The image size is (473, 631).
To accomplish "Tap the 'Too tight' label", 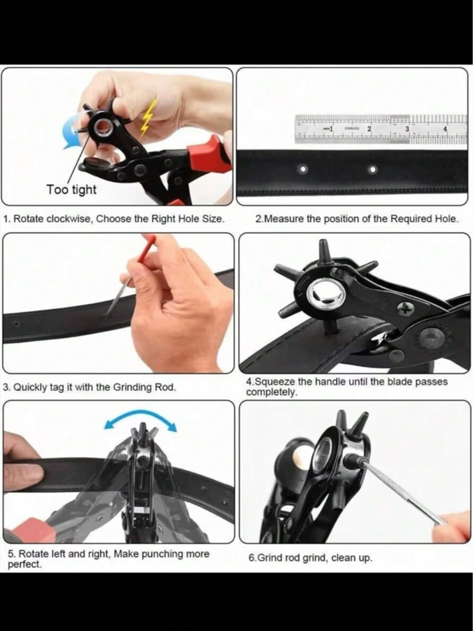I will point(72,189).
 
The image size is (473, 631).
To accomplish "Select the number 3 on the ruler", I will point(407,129).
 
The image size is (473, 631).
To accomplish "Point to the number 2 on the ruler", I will point(369,129).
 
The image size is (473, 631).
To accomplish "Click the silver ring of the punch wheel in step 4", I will point(319,292).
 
